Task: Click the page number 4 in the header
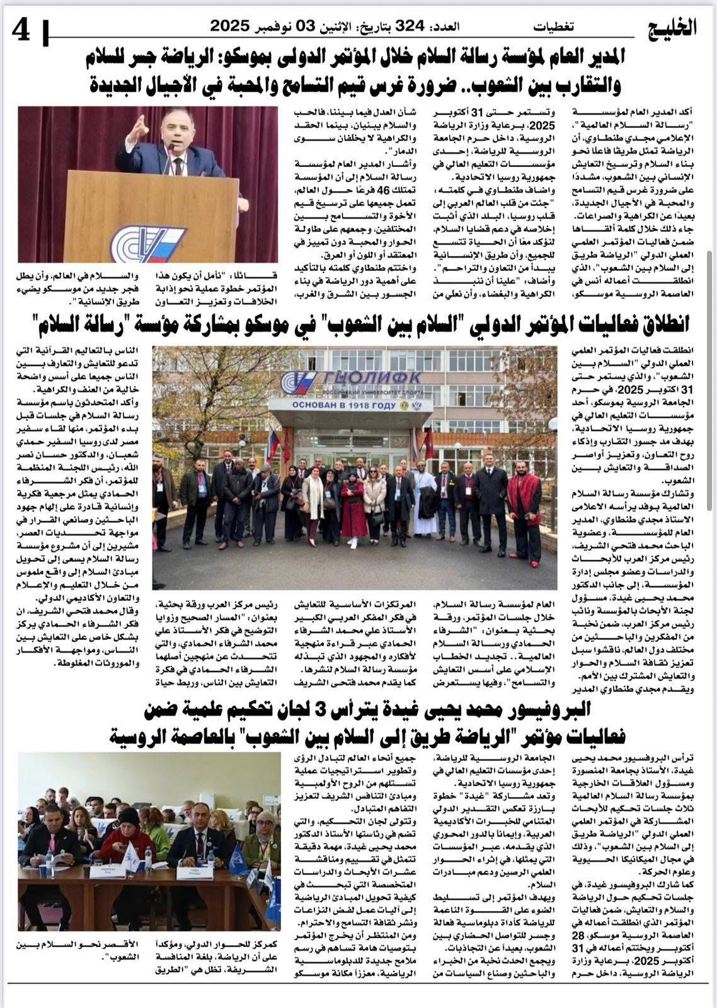point(20,28)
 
